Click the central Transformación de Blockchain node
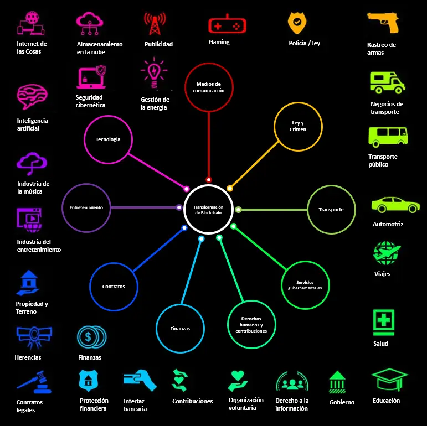pos(208,209)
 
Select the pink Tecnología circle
pos(108,139)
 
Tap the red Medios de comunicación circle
pos(208,87)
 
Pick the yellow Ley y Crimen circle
pos(298,126)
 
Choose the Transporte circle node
pos(331,210)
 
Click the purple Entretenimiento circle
pos(86,207)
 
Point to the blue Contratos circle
pos(114,286)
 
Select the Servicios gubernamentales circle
pos(305,285)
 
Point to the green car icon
pos(395,205)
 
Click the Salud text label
pos(381,344)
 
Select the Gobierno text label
pos(342,402)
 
